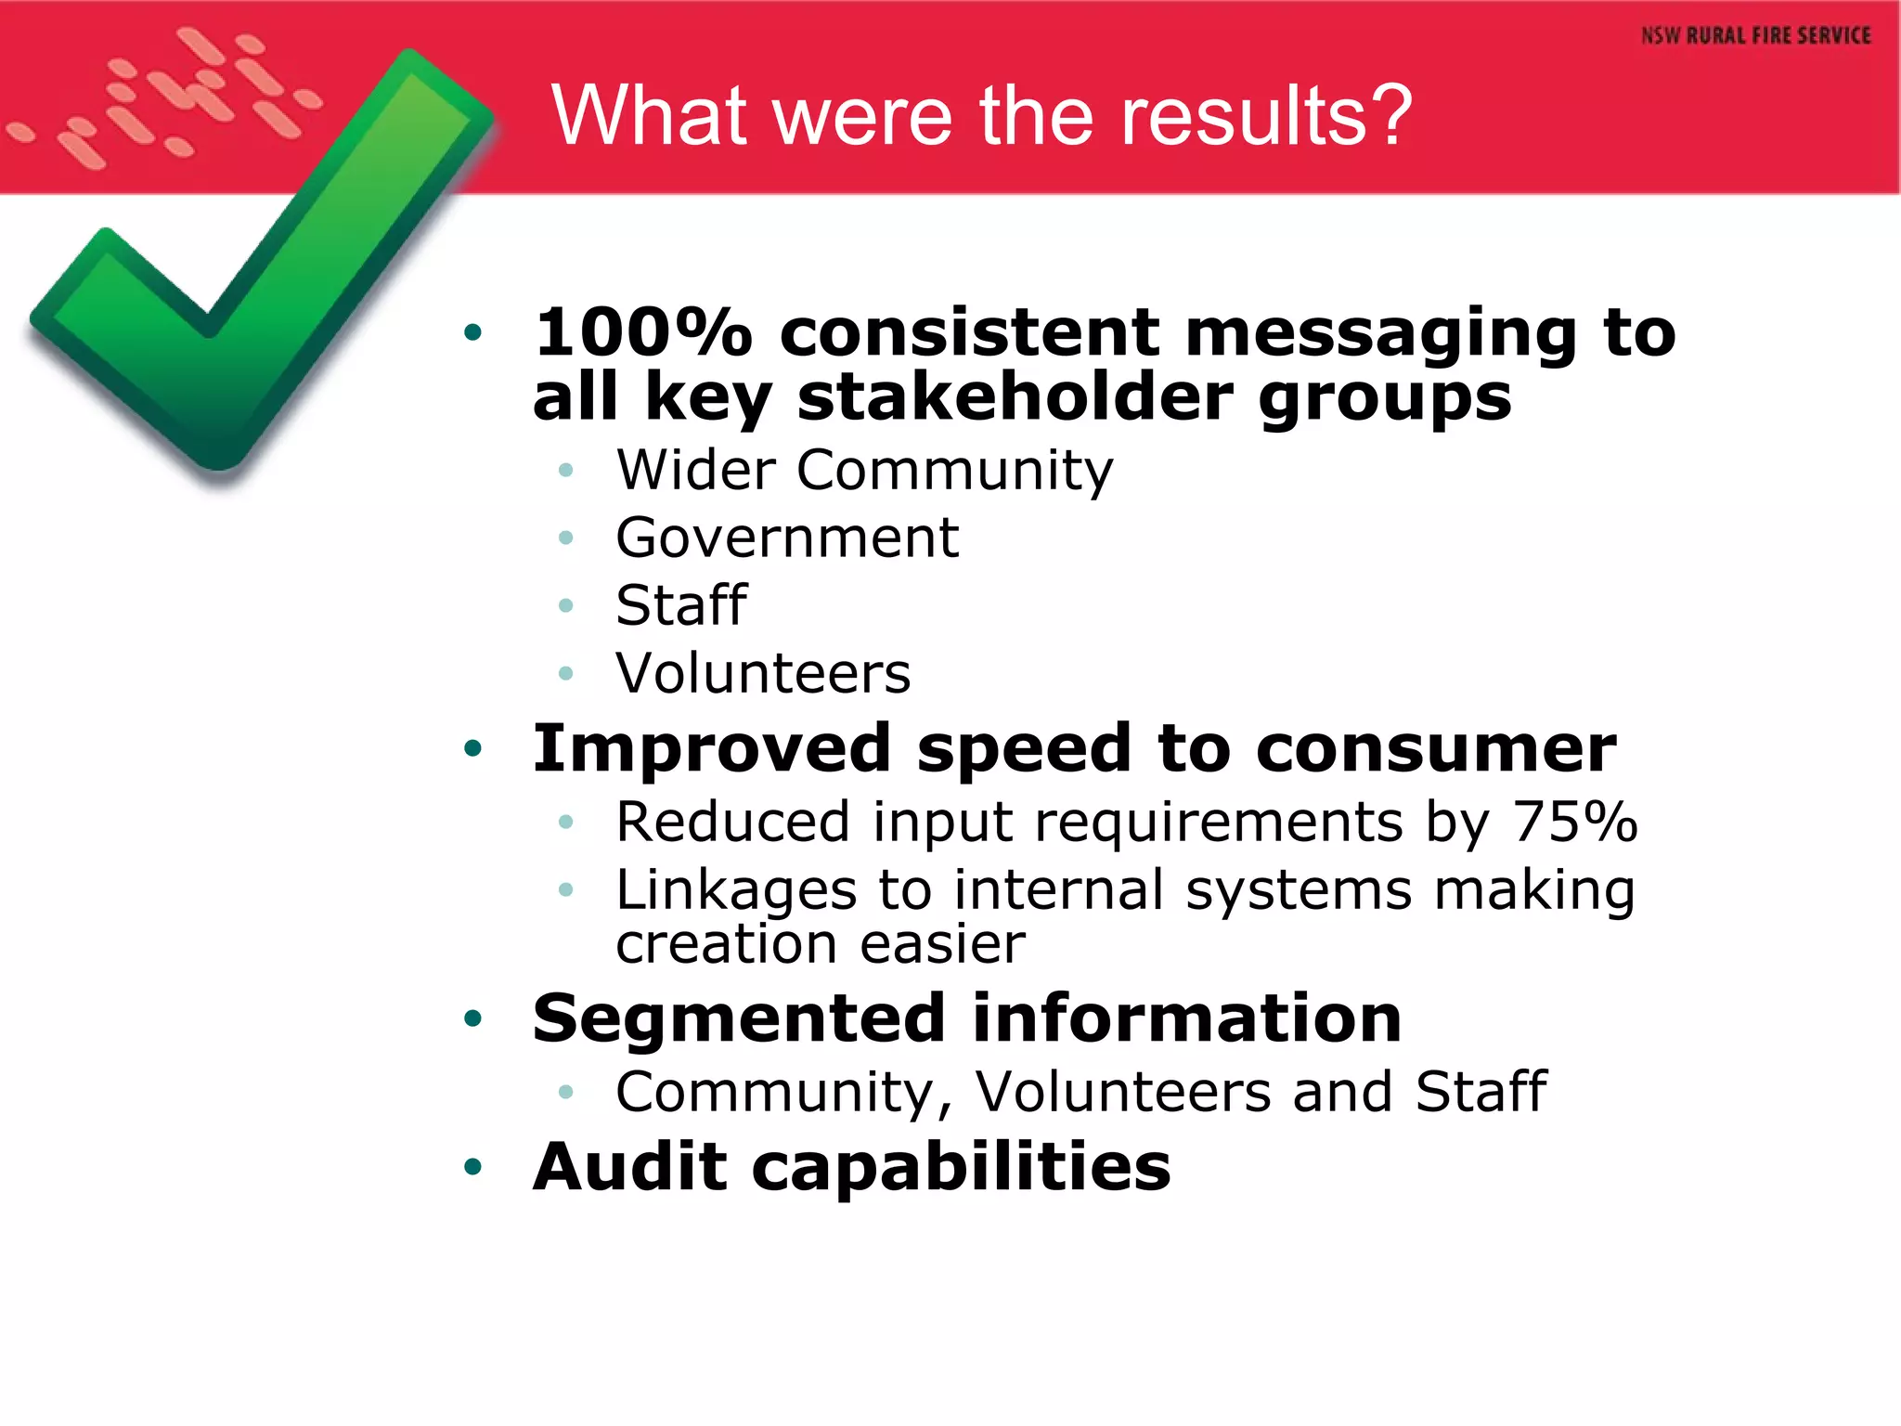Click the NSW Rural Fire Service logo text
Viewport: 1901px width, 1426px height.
click(1755, 35)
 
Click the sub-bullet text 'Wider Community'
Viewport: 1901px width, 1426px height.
click(864, 470)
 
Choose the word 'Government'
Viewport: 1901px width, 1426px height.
click(787, 538)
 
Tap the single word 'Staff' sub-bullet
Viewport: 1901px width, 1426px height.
click(681, 605)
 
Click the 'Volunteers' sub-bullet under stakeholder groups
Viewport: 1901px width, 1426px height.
click(763, 673)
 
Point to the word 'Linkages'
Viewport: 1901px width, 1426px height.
click(736, 890)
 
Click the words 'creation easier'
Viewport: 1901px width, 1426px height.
click(821, 944)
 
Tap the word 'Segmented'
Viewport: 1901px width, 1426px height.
click(739, 1018)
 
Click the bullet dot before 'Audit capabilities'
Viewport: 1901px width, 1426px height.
click(473, 1166)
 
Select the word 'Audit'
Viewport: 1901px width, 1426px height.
click(630, 1166)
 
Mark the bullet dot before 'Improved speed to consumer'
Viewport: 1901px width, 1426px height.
click(473, 748)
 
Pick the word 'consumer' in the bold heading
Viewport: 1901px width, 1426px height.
click(1435, 749)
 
